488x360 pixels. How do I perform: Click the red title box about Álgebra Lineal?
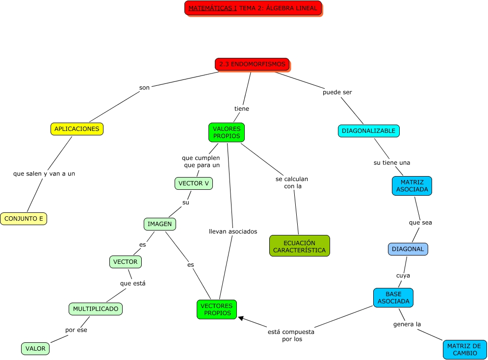pyautogui.click(x=253, y=8)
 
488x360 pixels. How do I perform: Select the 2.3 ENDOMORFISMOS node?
pyautogui.click(x=252, y=64)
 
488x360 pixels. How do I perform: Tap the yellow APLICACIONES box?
pyautogui.click(x=77, y=129)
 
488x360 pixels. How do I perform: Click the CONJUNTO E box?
pyautogui.click(x=24, y=219)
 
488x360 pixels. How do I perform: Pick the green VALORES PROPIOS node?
pyautogui.click(x=227, y=132)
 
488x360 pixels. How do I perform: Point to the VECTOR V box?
pyautogui.click(x=194, y=183)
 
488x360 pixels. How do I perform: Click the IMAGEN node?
pyautogui.click(x=160, y=224)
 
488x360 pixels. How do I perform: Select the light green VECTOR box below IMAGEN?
pyautogui.click(x=126, y=262)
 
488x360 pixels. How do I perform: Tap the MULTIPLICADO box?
pyautogui.click(x=96, y=309)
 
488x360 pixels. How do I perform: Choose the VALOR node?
pyautogui.click(x=35, y=349)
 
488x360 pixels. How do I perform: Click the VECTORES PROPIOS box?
pyautogui.click(x=217, y=309)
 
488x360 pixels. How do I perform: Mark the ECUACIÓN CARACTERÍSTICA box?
pyautogui.click(x=299, y=246)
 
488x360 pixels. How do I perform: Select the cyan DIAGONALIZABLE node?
pyautogui.click(x=369, y=131)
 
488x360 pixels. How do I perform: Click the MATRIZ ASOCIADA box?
pyautogui.click(x=412, y=186)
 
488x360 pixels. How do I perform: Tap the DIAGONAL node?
pyautogui.click(x=408, y=249)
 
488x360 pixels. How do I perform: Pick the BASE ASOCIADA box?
pyautogui.click(x=393, y=298)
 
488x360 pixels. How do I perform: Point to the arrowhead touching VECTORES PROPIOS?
pyautogui.click(x=241, y=318)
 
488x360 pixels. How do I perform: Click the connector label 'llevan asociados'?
pyautogui.click(x=233, y=231)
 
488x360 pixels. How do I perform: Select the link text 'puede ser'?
pyautogui.click(x=337, y=92)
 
